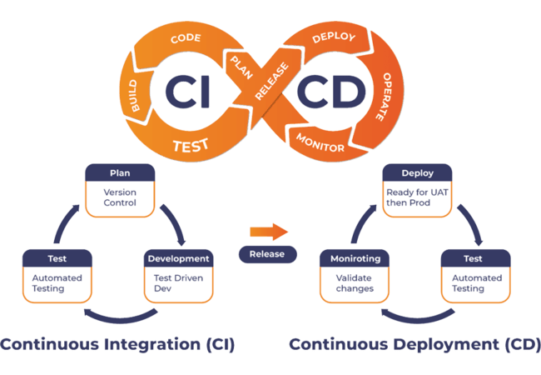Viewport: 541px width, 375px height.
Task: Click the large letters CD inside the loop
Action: pyautogui.click(x=330, y=91)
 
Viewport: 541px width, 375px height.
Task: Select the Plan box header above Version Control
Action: pyautogui.click(x=120, y=174)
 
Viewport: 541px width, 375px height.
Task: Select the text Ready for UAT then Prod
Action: pyautogui.click(x=416, y=198)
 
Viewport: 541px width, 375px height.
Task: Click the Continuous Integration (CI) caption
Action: pyautogui.click(x=117, y=344)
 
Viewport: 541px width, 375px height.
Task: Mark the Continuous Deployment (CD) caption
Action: pyautogui.click(x=414, y=344)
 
